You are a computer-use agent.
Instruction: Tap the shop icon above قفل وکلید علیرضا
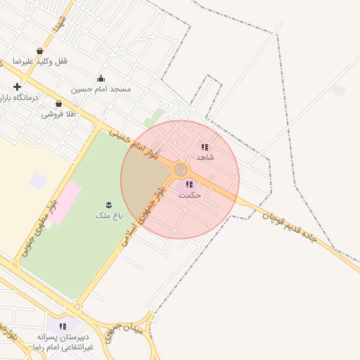tap(39, 51)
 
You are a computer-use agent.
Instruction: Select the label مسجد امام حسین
tap(101, 89)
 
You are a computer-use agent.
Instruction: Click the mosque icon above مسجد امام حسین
tap(101, 79)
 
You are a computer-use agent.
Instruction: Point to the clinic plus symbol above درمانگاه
tap(17, 86)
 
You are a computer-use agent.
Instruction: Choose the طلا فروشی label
tap(58, 114)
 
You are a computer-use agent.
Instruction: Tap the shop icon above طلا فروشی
tap(58, 103)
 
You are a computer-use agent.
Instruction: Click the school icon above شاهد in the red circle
tap(205, 147)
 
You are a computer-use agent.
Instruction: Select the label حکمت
tap(190, 195)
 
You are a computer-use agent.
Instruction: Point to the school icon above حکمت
tap(189, 184)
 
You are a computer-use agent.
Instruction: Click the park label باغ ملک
tap(108, 215)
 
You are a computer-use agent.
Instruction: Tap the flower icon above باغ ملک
tap(108, 204)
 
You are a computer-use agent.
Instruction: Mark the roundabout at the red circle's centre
tap(180, 170)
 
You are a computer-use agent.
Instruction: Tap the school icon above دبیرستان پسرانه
tap(63, 326)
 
